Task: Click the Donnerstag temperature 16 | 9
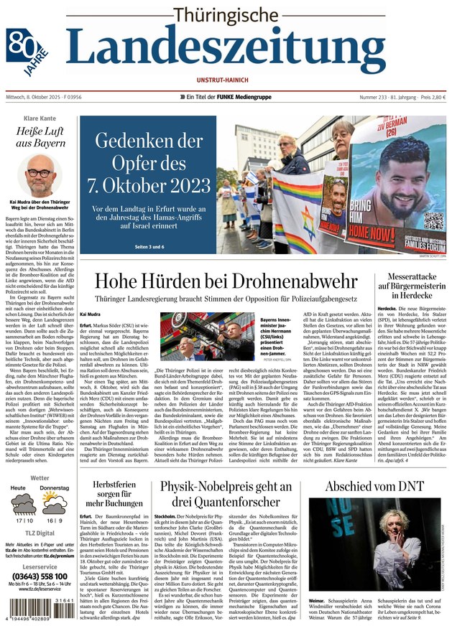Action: tap(54, 520)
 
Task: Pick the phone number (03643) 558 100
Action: tap(40, 576)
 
